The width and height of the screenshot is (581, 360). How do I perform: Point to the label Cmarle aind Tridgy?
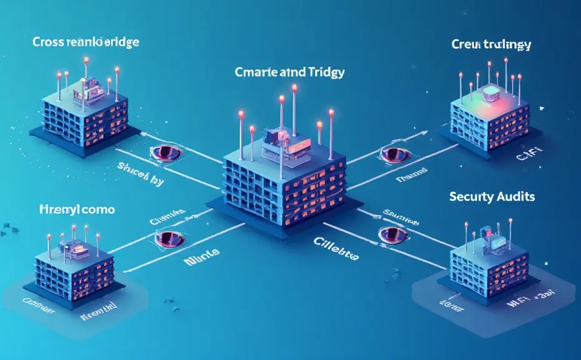point(289,72)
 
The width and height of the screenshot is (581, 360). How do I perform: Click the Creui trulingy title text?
point(490,45)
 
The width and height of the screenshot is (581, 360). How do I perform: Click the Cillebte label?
point(336,257)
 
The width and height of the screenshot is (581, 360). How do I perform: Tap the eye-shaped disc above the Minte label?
point(169,238)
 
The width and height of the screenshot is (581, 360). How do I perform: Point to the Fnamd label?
point(411,177)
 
